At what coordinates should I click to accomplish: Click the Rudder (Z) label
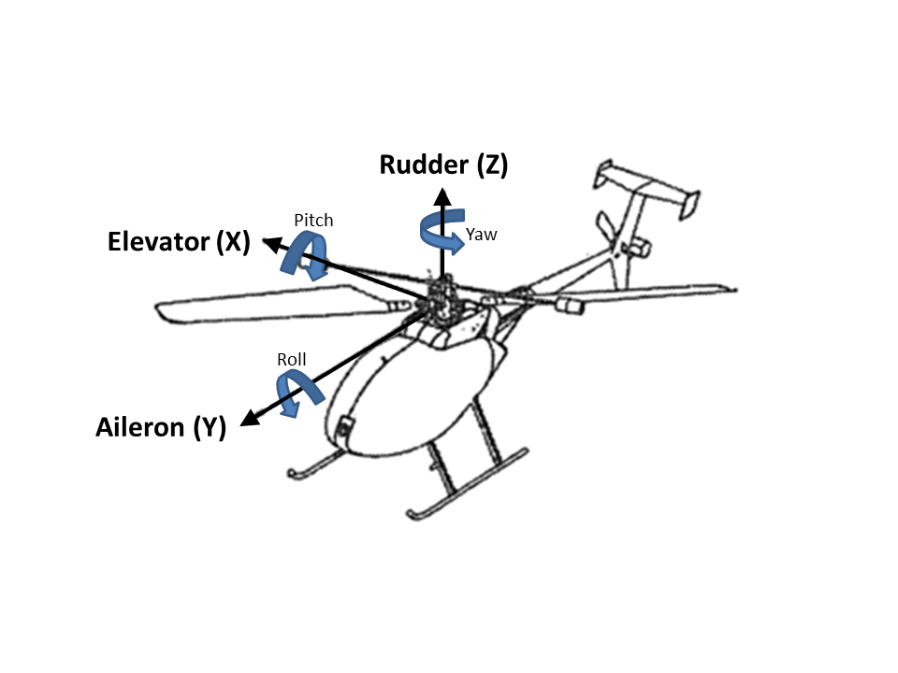point(443,165)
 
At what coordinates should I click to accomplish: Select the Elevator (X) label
point(179,242)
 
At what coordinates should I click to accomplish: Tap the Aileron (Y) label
point(161,428)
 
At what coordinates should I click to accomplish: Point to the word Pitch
point(313,221)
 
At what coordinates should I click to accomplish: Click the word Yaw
point(482,235)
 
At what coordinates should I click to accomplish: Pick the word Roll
point(292,359)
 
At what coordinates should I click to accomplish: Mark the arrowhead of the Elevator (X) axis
point(269,244)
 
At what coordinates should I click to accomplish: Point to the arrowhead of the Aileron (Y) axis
point(248,419)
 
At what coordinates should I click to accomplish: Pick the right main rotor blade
point(645,294)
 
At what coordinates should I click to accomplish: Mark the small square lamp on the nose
point(342,427)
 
